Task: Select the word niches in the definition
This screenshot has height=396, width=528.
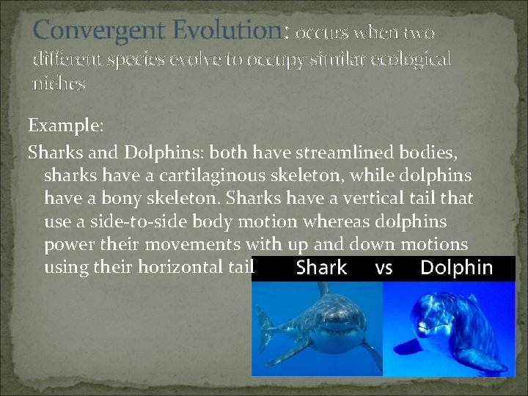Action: [59, 84]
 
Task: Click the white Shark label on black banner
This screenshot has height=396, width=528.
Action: [321, 268]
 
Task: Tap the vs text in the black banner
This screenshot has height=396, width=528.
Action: [384, 268]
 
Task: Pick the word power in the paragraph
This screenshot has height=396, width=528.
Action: [67, 244]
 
